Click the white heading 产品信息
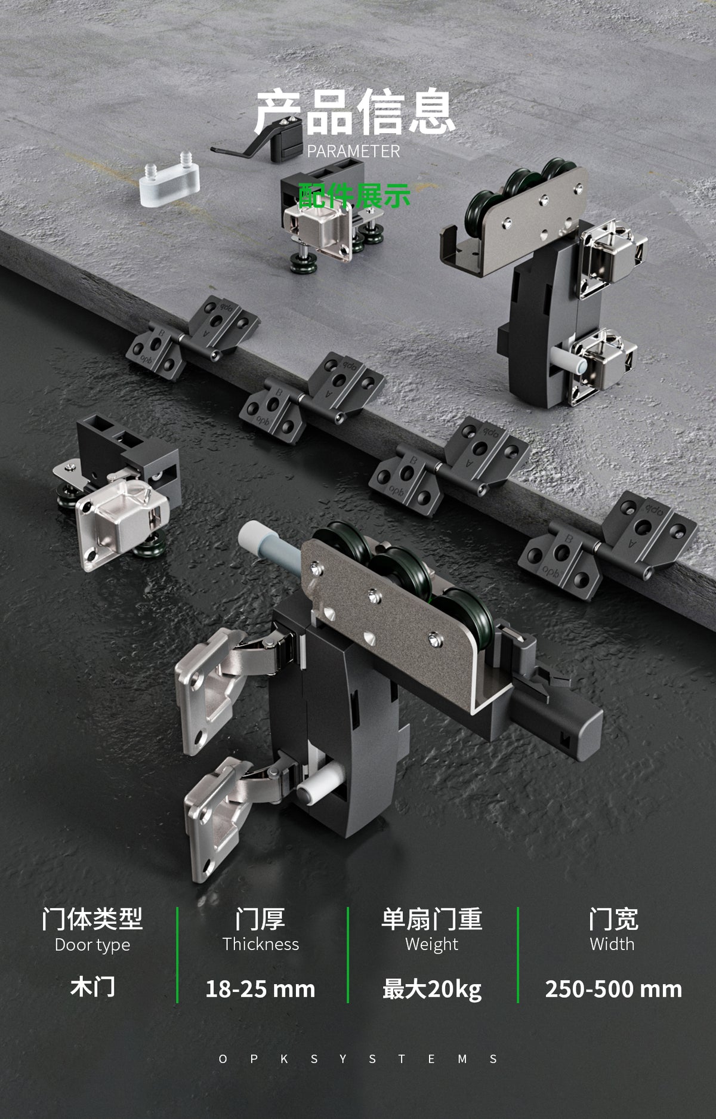pyautogui.click(x=354, y=112)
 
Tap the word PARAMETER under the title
pyautogui.click(x=353, y=152)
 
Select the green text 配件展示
pyautogui.click(x=354, y=196)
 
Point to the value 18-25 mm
pyautogui.click(x=260, y=989)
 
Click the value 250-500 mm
pyautogui.click(x=613, y=989)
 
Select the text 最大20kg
pyautogui.click(x=432, y=989)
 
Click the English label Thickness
pyautogui.click(x=261, y=944)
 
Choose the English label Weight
pyautogui.click(x=432, y=945)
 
